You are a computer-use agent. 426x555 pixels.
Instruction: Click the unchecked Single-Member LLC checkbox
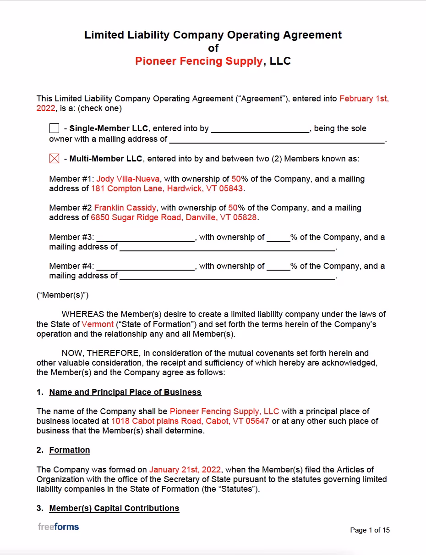[x=54, y=128]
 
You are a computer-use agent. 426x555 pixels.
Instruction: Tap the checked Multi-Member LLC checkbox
[x=54, y=159]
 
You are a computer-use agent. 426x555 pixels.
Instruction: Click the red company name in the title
[x=199, y=61]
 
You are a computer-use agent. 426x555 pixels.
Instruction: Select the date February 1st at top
[x=364, y=99]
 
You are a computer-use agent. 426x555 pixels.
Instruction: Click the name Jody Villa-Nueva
[x=128, y=179]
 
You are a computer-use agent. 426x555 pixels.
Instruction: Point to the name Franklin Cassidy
[x=125, y=208]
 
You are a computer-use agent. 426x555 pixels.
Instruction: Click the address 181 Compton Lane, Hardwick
[x=167, y=189]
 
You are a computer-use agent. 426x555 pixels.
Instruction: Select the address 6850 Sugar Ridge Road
[x=174, y=217]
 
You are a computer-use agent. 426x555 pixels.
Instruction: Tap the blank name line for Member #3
[x=146, y=238]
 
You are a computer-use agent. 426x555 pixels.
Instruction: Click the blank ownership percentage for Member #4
[x=278, y=266]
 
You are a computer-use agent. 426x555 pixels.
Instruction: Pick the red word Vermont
[x=98, y=324]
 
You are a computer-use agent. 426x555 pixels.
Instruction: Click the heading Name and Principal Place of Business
[x=125, y=392]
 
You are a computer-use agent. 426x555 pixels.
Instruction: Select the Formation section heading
[x=70, y=450]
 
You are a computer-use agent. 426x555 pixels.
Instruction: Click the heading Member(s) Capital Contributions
[x=114, y=508]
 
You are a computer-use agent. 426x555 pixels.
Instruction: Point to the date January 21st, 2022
[x=185, y=470]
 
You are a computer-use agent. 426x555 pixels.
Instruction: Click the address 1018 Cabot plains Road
[x=190, y=421]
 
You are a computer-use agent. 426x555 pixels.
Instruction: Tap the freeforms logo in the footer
[x=58, y=527]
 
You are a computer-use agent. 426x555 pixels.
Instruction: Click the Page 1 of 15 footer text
[x=370, y=530]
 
